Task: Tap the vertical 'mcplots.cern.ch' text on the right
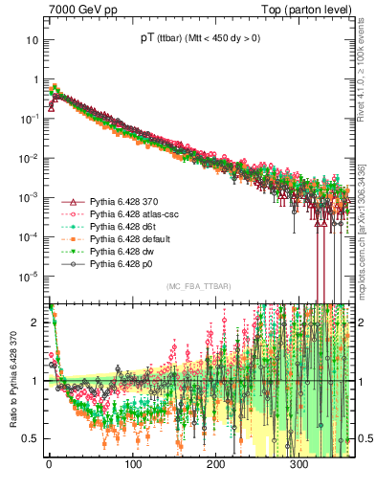coord(363,249)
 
